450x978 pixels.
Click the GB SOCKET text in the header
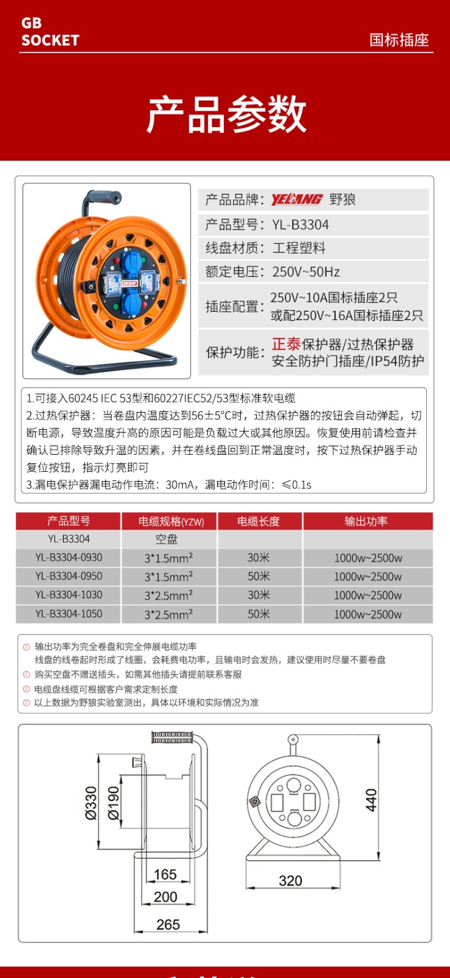pos(50,32)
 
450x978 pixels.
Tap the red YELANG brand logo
pos(297,199)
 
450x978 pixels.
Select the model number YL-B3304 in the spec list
pos(300,224)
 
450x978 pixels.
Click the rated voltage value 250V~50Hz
pos(306,271)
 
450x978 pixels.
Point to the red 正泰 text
pos(286,344)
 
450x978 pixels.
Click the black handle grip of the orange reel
pos(103,198)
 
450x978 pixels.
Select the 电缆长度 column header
pos(259,521)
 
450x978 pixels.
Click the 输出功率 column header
pos(366,521)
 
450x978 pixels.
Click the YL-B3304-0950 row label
pos(68,576)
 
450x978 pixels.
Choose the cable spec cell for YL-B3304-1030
pos(169,595)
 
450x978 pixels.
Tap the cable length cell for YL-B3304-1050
pos(259,614)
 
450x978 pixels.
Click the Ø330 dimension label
pos(91,802)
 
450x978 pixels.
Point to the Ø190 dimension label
pos(114,802)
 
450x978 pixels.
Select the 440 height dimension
pos(371,800)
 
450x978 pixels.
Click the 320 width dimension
pos(290,880)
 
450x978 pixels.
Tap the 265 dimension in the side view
pos(168,924)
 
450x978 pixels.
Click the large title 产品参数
pos(226,114)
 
